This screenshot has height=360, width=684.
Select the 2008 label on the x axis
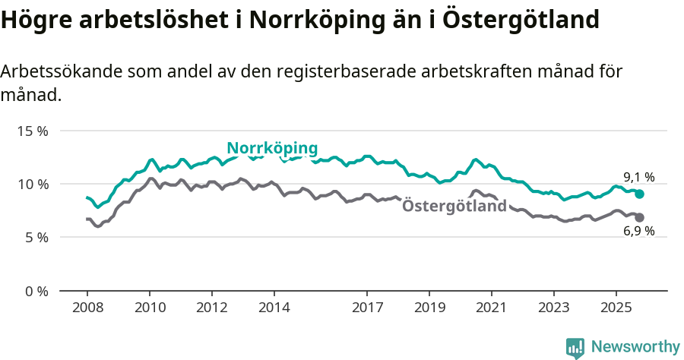pyautogui.click(x=87, y=308)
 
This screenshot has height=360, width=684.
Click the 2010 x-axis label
pyautogui.click(x=150, y=308)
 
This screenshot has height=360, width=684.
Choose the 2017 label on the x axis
pyautogui.click(x=367, y=308)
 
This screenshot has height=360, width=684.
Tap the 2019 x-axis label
pyautogui.click(x=429, y=308)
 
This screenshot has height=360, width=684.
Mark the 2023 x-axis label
pyautogui.click(x=553, y=308)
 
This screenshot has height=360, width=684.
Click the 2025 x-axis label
pyautogui.click(x=616, y=308)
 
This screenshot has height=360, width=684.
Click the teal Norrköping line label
pyautogui.click(x=272, y=147)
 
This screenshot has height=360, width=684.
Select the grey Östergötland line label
pyautogui.click(x=454, y=206)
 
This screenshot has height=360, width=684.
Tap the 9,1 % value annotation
pyautogui.click(x=639, y=177)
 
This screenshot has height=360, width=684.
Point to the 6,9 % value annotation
pyautogui.click(x=639, y=231)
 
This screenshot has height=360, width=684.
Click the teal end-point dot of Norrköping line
pyautogui.click(x=640, y=194)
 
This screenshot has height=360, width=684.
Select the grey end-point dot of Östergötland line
pyautogui.click(x=640, y=218)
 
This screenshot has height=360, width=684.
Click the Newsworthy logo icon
pyautogui.click(x=575, y=347)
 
